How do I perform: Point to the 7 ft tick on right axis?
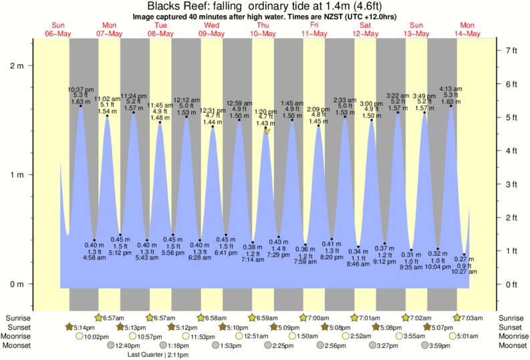click(511, 50)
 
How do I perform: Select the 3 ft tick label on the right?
click(511, 184)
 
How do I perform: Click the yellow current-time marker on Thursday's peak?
click(267, 131)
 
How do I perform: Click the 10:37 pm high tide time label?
click(80, 89)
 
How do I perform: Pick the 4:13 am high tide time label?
click(450, 89)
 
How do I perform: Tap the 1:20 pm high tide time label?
click(265, 112)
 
